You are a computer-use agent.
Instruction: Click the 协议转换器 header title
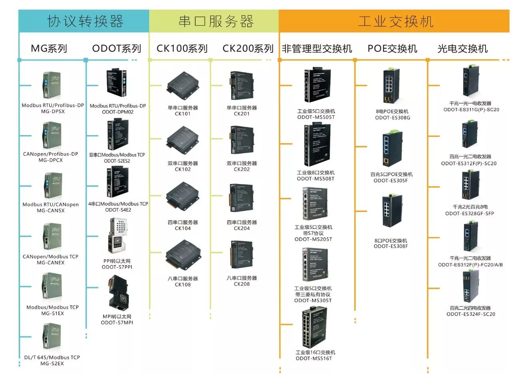click(x=85, y=21)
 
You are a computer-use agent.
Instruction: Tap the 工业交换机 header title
click(x=396, y=21)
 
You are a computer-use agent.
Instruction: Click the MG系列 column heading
click(x=49, y=49)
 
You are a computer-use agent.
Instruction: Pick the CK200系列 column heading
click(x=248, y=49)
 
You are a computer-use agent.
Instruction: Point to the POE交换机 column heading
click(x=392, y=49)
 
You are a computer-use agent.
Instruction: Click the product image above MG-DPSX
click(x=52, y=85)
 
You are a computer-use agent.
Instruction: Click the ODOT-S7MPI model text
click(x=117, y=322)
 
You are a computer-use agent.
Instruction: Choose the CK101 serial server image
click(x=183, y=85)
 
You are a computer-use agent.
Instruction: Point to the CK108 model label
click(x=183, y=284)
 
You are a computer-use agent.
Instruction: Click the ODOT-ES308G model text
click(x=392, y=118)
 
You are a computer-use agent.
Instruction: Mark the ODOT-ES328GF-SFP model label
click(x=470, y=213)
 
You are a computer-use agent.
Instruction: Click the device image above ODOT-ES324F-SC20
click(x=470, y=287)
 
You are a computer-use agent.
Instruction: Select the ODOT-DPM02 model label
click(x=118, y=112)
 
